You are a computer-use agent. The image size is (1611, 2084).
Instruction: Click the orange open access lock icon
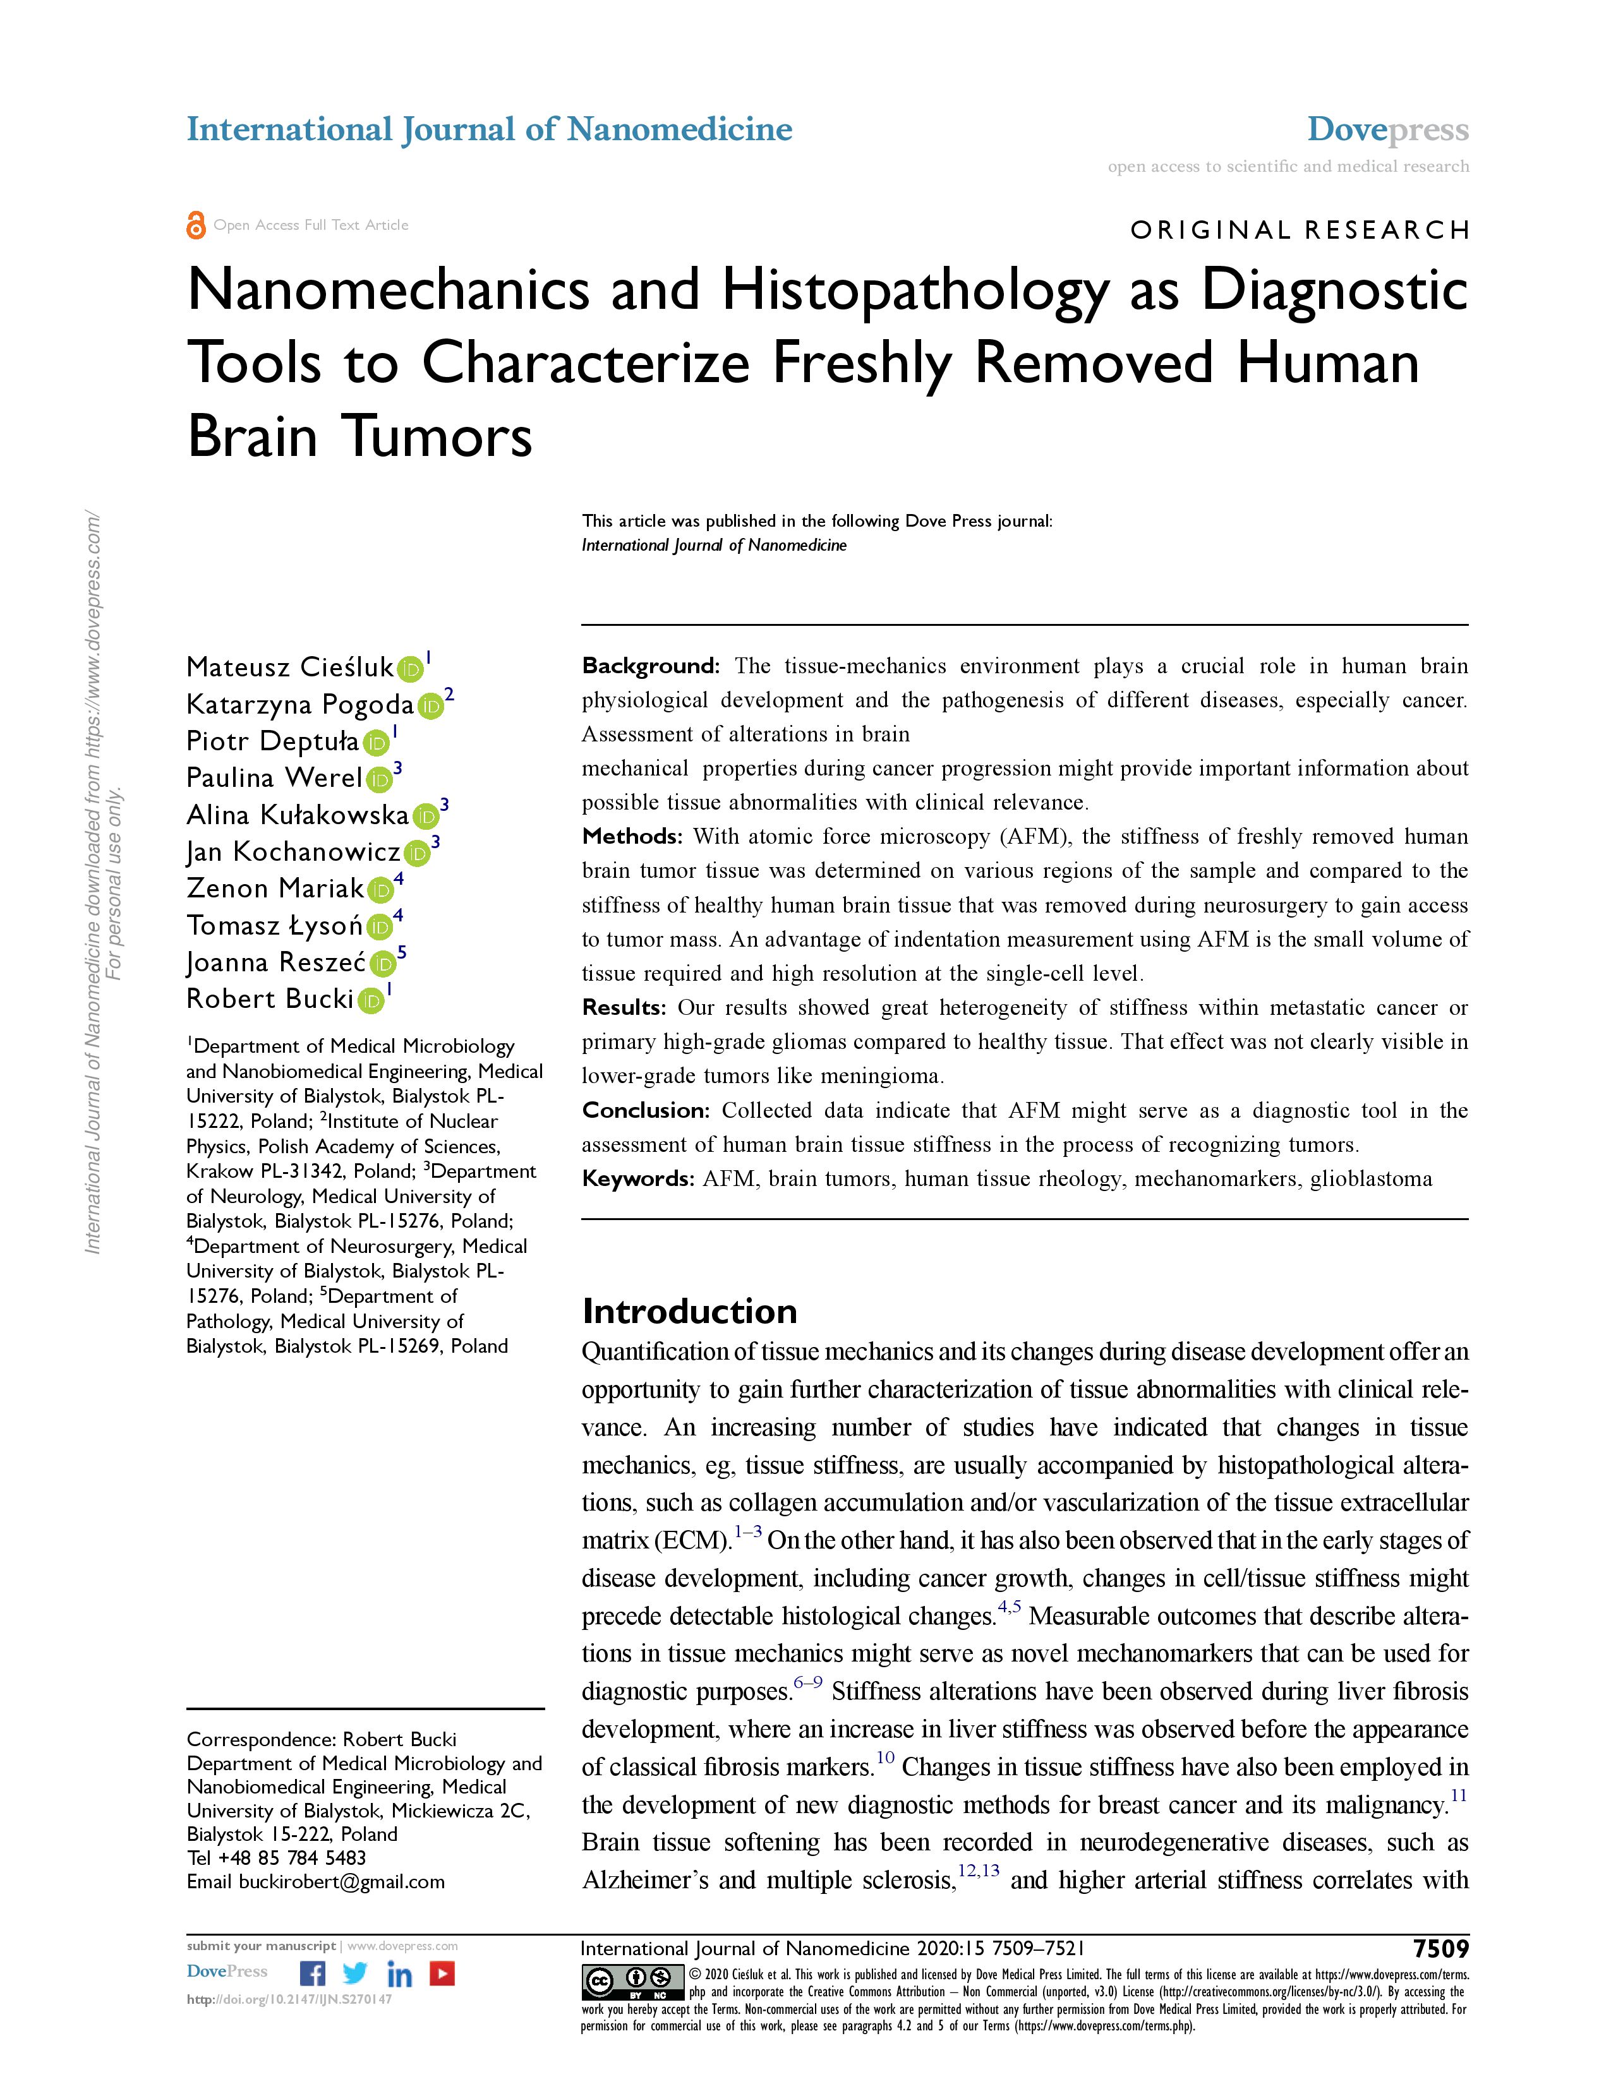pyautogui.click(x=196, y=225)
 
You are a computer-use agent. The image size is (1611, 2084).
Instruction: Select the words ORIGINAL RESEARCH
pyautogui.click(x=1299, y=230)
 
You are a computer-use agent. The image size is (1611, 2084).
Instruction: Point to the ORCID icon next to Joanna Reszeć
pyautogui.click(x=383, y=964)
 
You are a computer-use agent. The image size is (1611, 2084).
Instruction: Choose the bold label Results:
pyautogui.click(x=624, y=1008)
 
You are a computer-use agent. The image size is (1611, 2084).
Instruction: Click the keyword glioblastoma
pyautogui.click(x=1370, y=1180)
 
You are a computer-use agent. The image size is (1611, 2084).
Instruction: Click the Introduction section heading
pyautogui.click(x=689, y=1311)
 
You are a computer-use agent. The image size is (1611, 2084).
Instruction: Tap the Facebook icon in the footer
pyautogui.click(x=312, y=1973)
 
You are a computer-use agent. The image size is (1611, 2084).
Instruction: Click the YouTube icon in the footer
pyautogui.click(x=442, y=1973)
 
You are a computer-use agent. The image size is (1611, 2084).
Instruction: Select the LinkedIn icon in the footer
pyautogui.click(x=399, y=1973)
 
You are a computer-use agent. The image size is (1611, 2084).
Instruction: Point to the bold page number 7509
pyautogui.click(x=1441, y=1948)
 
